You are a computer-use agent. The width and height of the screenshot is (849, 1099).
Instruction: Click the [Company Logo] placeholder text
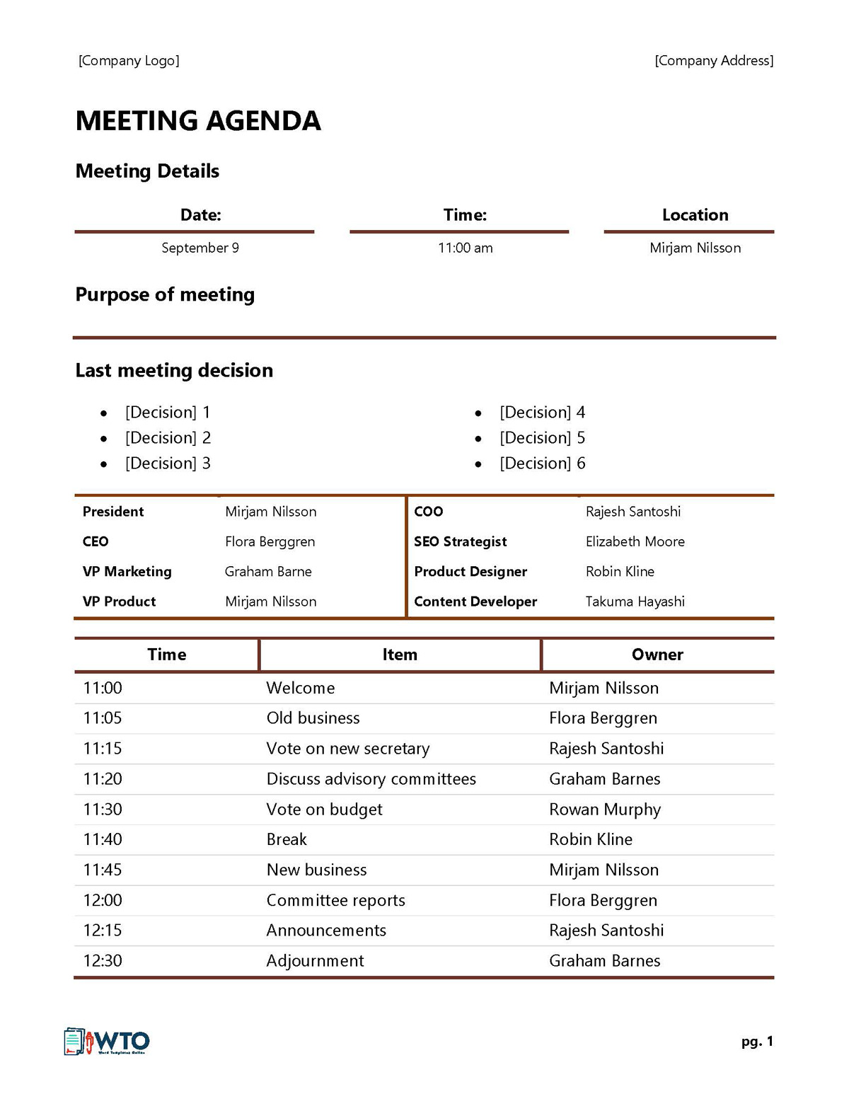129,61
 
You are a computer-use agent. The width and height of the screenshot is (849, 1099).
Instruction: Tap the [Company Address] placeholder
714,61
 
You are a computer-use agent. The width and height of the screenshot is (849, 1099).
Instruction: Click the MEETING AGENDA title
198,121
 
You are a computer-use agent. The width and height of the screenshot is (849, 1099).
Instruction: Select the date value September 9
200,248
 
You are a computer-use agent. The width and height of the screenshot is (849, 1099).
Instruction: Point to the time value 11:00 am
465,248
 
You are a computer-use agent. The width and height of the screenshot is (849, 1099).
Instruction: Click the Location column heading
695,215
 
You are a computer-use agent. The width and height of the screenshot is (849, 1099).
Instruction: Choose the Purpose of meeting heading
165,294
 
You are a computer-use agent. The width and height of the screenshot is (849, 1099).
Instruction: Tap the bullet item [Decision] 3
168,464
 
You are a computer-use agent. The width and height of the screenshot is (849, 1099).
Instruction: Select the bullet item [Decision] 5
542,438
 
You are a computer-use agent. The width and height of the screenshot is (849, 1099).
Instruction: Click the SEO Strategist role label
460,541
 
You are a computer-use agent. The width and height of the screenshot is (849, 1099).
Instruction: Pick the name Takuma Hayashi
635,602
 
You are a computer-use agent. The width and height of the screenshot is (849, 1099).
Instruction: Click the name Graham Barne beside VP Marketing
268,572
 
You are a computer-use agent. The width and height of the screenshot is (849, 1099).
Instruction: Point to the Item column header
400,655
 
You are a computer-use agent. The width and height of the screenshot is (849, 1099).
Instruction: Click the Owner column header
657,655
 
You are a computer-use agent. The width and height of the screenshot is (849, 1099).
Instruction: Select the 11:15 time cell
103,749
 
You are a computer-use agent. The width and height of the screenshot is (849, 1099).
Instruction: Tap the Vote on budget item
324,810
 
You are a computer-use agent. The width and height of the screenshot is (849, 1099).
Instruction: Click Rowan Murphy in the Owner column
605,810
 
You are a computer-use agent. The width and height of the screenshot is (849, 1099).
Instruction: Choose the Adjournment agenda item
315,961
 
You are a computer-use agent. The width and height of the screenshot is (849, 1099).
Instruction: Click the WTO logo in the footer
107,1042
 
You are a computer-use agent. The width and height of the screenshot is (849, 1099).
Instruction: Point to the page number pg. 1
757,1042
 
